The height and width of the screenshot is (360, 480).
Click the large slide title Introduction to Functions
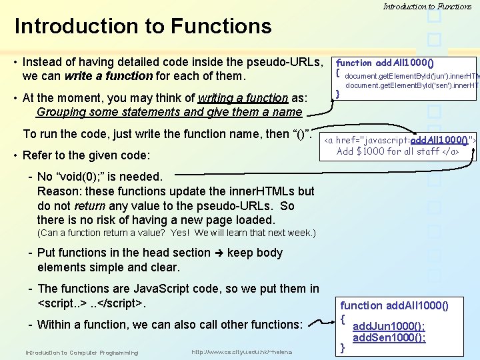click(x=143, y=27)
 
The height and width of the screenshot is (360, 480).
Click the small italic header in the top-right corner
click(x=427, y=7)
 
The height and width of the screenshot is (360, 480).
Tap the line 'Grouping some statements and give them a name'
click(x=170, y=112)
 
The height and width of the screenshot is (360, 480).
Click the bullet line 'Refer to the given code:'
click(x=95, y=155)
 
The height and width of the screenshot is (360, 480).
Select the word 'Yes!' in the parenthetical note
click(x=181, y=233)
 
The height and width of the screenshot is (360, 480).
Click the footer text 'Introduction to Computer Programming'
click(x=81, y=352)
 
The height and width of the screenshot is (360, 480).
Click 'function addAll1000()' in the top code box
click(x=385, y=63)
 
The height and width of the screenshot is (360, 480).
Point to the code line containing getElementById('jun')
click(x=410, y=75)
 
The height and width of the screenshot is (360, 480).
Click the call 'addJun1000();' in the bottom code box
click(x=389, y=327)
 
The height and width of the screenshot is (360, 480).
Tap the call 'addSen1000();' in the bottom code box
click(x=389, y=337)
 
